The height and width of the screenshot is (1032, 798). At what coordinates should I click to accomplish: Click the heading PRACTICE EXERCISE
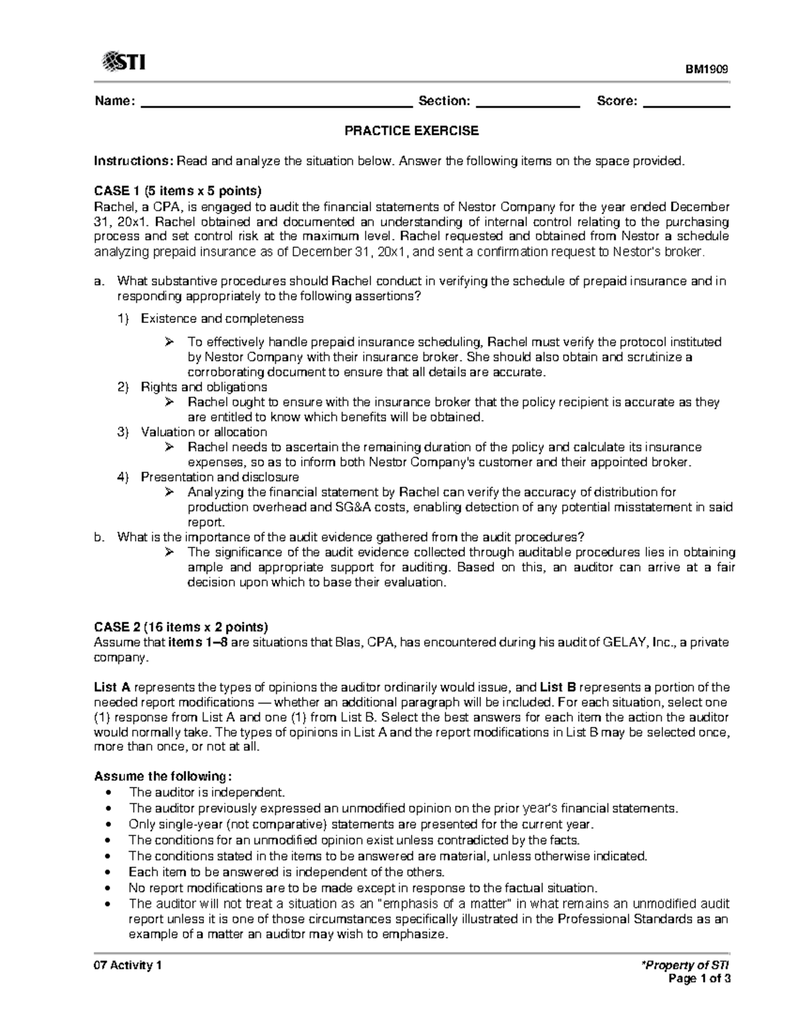tap(411, 131)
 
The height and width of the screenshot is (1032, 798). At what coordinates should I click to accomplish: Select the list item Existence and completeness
tap(222, 319)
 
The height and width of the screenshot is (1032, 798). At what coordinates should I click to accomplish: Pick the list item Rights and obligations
tap(204, 387)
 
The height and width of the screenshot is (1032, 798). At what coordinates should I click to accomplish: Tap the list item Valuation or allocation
tap(204, 432)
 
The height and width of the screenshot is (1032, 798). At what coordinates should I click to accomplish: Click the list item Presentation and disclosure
tap(219, 477)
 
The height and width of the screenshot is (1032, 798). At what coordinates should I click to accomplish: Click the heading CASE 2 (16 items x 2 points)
tap(181, 627)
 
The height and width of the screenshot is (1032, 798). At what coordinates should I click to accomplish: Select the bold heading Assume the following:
tap(164, 776)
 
